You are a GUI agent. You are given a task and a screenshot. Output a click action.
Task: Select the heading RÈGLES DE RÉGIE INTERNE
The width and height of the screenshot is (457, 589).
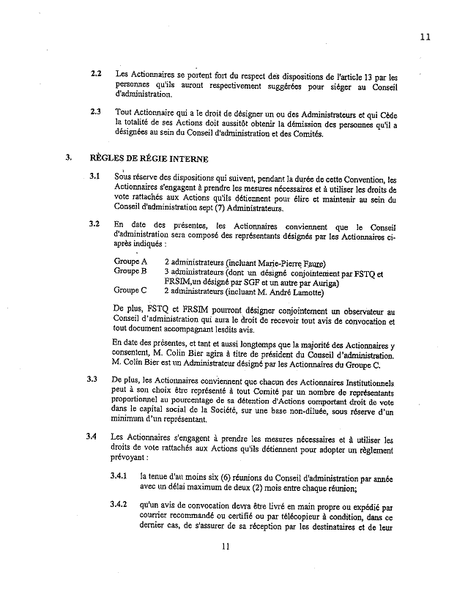pos(149,158)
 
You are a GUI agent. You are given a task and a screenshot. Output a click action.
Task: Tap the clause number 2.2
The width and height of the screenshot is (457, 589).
pos(96,75)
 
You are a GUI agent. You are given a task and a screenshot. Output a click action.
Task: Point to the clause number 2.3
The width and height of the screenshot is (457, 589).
pos(96,113)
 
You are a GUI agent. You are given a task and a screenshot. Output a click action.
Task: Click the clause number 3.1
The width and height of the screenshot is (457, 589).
pos(95,177)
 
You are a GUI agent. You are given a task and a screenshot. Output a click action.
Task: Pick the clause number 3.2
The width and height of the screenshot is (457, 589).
pos(95,223)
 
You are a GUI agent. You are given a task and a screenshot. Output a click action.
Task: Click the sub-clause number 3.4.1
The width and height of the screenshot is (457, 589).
pos(118,475)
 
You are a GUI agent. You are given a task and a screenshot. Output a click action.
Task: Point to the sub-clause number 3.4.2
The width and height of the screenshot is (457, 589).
pos(118,504)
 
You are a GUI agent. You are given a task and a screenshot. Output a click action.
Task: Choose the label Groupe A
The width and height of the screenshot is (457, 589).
pos(131,262)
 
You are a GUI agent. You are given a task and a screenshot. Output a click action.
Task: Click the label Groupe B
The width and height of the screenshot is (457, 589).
pos(131,271)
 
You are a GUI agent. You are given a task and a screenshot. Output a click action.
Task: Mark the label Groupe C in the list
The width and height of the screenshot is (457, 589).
pos(131,290)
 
